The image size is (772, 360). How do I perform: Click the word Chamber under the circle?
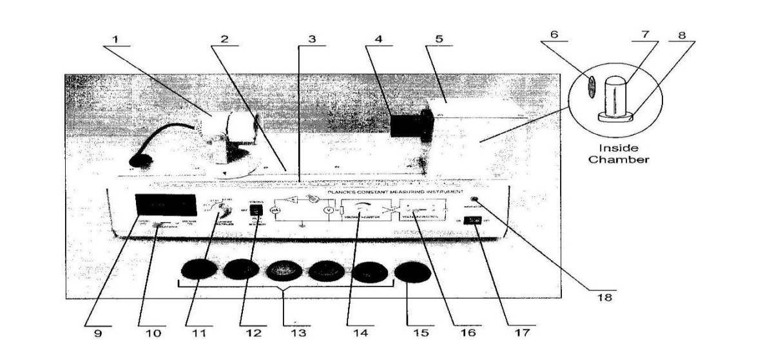click(617, 158)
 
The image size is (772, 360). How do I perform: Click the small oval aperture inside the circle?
click(590, 87)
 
